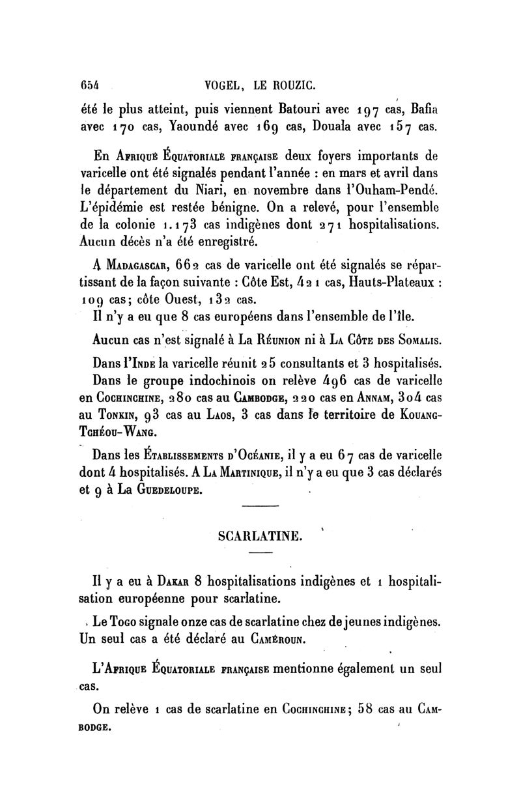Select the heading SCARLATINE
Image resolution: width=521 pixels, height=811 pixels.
259,537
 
